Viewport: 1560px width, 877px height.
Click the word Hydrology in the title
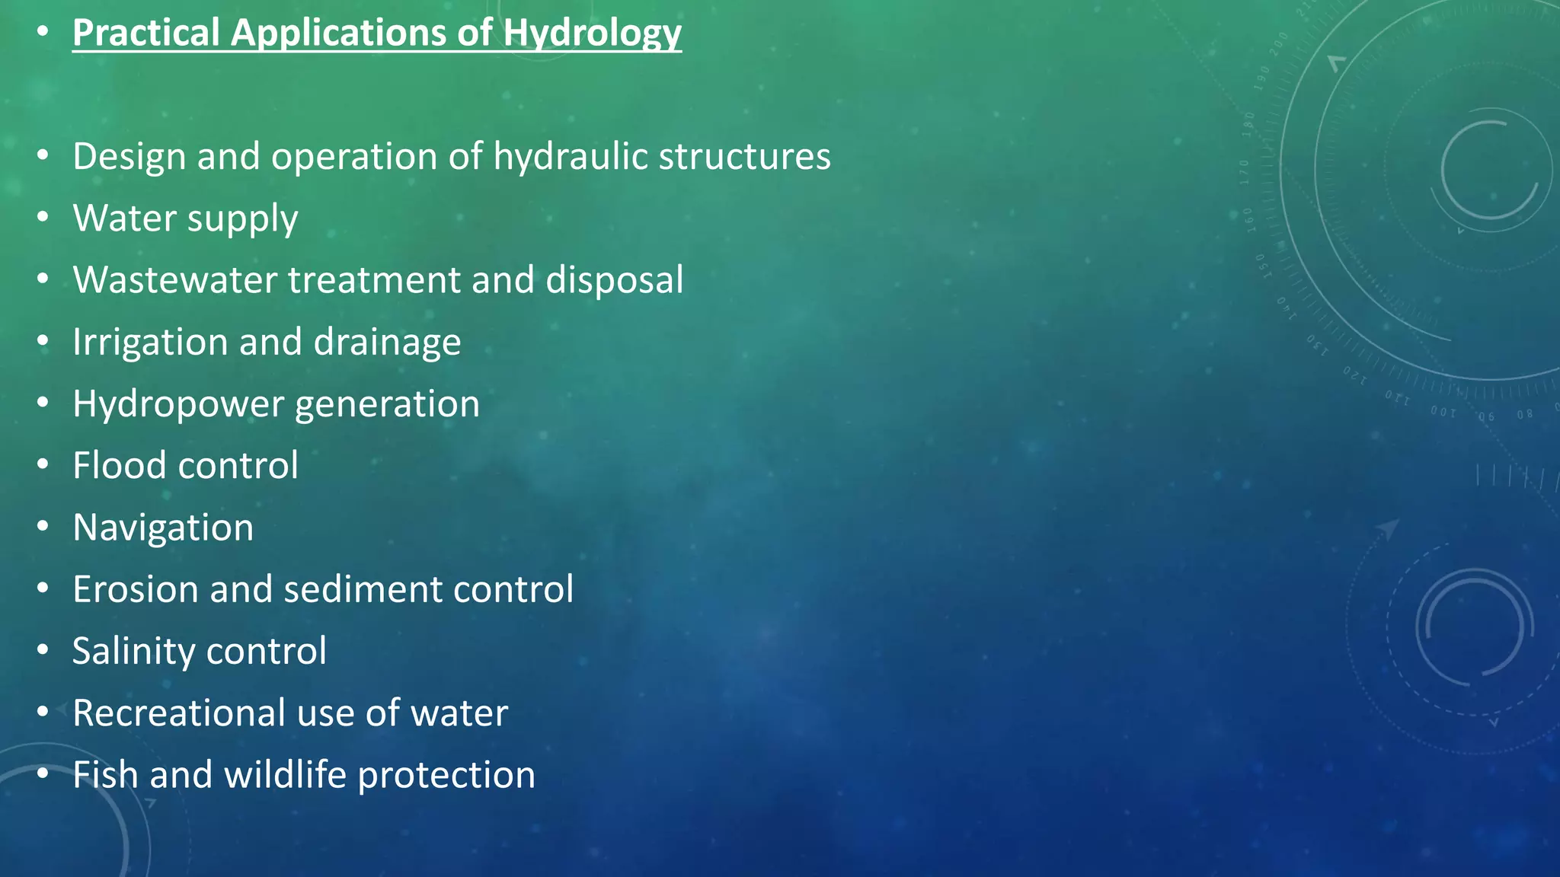click(x=592, y=33)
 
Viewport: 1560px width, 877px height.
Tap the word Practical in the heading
click(x=146, y=33)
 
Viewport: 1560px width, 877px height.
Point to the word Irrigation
click(x=149, y=342)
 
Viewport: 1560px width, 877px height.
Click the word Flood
click(x=118, y=465)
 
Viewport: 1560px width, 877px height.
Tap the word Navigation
click(x=163, y=528)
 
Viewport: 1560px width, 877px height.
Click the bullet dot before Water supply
click(x=43, y=217)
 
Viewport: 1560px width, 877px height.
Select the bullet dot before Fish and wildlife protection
click(x=43, y=774)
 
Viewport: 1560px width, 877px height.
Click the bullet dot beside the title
click(x=43, y=32)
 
